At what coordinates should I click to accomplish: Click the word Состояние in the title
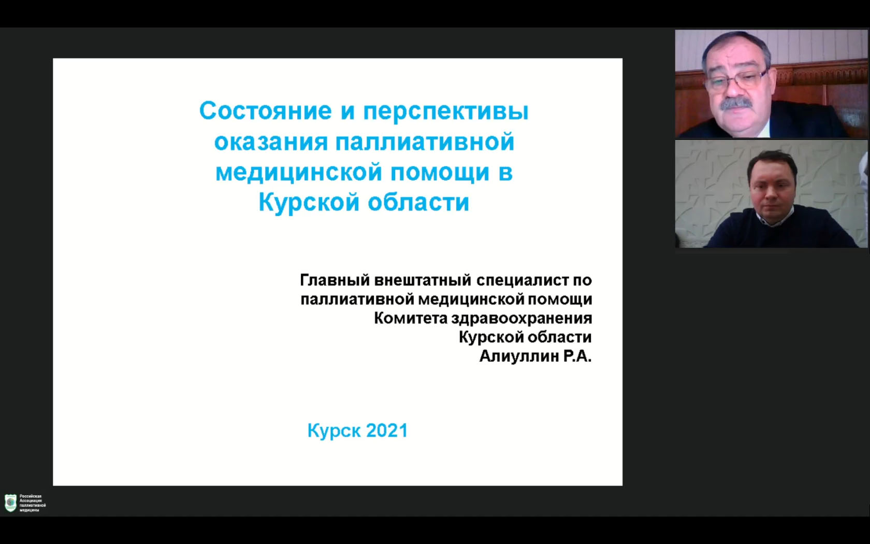tap(265, 111)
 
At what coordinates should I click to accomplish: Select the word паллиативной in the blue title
tap(425, 142)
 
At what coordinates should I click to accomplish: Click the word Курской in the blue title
tap(309, 203)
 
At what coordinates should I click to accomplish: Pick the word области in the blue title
tap(418, 203)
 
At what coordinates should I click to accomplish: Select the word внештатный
tap(421, 280)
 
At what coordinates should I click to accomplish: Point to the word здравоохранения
tap(521, 319)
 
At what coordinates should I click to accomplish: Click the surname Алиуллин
tap(517, 356)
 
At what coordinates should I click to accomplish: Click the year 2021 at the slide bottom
tap(387, 431)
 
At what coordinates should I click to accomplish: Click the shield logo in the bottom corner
tap(10, 503)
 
